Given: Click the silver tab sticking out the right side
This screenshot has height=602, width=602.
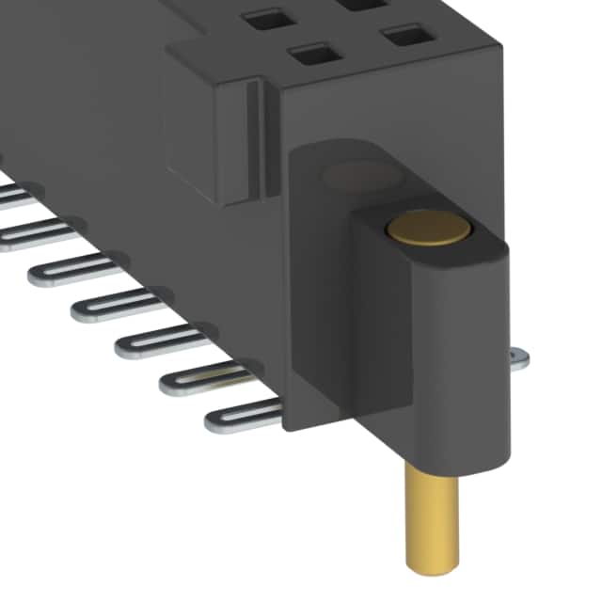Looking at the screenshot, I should (x=518, y=356).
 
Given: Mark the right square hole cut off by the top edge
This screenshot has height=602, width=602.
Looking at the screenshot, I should (x=359, y=5).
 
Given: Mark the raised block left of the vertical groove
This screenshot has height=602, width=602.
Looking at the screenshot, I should (x=202, y=141).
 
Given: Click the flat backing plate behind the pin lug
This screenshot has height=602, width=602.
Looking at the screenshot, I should (x=320, y=310).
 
